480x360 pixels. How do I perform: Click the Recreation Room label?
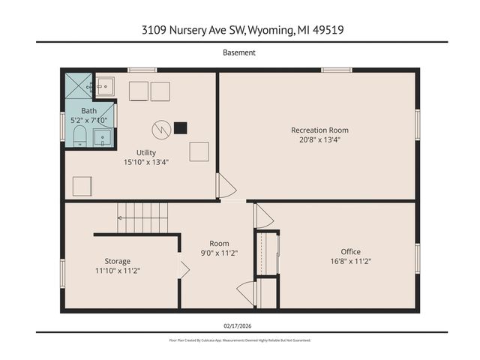(x=319, y=130)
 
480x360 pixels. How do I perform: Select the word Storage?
(x=118, y=261)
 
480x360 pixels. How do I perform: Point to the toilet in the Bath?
(x=79, y=136)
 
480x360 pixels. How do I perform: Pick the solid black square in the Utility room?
(x=180, y=128)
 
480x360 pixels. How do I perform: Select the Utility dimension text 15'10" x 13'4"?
(x=146, y=161)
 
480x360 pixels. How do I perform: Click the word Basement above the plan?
(x=239, y=52)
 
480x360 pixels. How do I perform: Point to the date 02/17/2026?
(x=239, y=325)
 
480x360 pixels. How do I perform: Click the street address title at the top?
(x=239, y=30)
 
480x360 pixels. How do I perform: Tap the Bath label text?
(x=88, y=111)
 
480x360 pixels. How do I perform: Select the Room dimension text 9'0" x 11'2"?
(x=219, y=253)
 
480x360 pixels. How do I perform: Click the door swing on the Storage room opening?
(x=184, y=270)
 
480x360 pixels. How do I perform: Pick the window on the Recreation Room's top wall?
(x=337, y=70)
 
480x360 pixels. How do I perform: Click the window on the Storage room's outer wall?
(x=63, y=271)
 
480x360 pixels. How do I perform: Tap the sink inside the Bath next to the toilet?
(x=103, y=136)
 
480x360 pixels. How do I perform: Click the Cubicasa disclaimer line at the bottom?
(x=239, y=340)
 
